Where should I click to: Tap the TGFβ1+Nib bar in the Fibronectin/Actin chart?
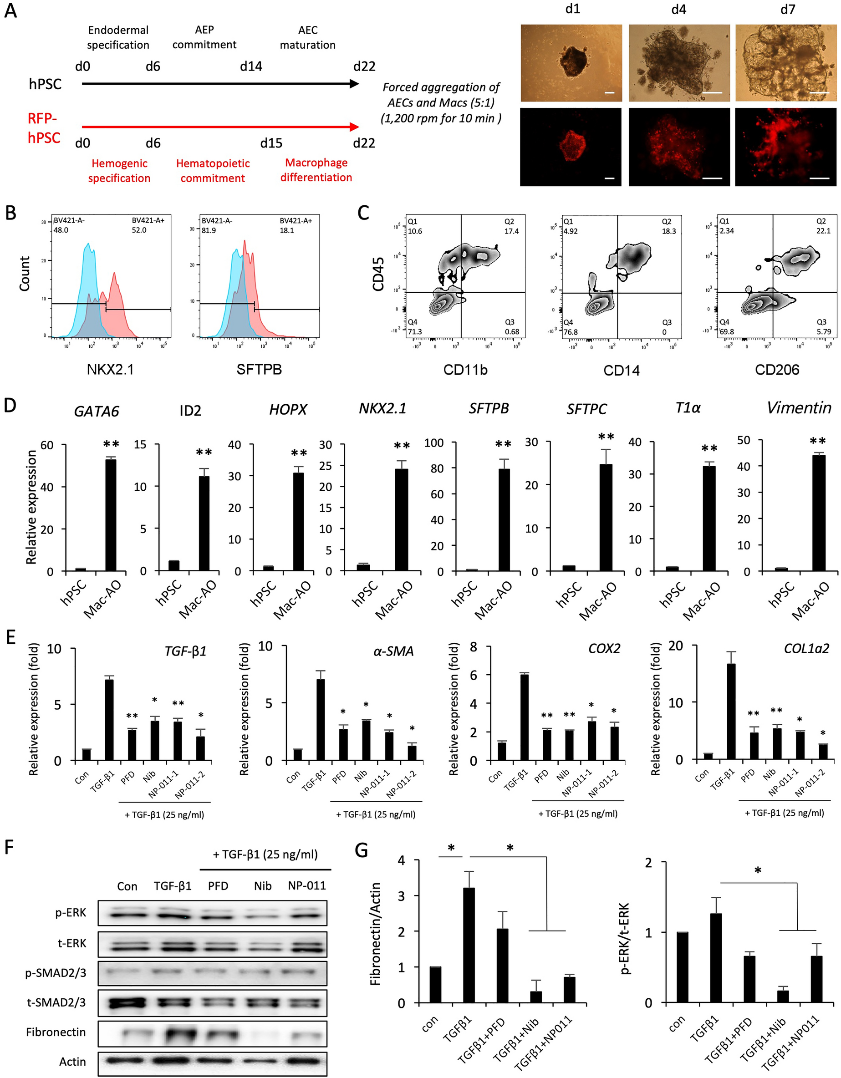tap(535, 997)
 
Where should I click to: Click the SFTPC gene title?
tap(586, 409)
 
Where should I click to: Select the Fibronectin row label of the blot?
tap(56, 1032)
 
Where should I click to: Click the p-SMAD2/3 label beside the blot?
tap(56, 972)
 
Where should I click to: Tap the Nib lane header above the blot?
tap(263, 885)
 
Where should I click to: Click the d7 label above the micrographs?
tap(787, 10)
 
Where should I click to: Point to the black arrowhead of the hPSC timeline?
tap(354, 84)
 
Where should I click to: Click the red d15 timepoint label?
tap(271, 143)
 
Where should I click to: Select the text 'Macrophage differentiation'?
tap(316, 170)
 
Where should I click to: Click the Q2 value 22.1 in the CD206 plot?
tap(823, 231)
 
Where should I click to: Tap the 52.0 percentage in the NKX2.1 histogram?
tap(139, 230)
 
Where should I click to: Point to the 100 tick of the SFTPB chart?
tap(433, 443)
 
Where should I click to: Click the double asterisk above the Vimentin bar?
tap(817, 441)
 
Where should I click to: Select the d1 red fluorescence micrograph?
tap(571, 147)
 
